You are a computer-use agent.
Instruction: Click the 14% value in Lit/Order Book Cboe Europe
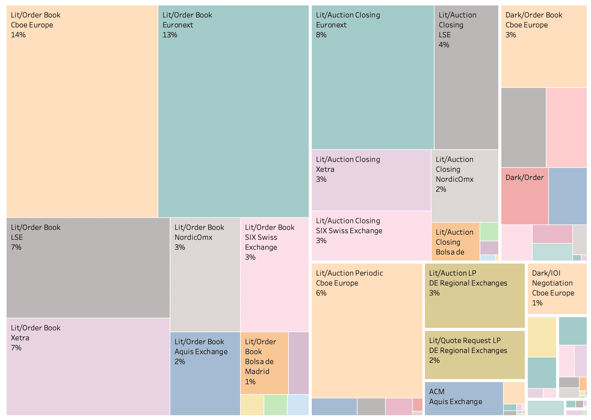[18, 35]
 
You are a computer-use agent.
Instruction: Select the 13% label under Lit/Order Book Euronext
[170, 35]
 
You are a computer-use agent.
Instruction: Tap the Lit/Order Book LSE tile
[88, 268]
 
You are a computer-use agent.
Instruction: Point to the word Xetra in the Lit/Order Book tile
[20, 338]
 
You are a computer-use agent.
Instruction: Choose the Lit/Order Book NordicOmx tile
[205, 274]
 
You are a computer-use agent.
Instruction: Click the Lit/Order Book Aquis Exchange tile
[205, 373]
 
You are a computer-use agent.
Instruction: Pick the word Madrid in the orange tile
[257, 372]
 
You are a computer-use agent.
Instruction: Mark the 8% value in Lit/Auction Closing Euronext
[321, 35]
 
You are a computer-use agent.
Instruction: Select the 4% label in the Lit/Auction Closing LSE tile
[444, 45]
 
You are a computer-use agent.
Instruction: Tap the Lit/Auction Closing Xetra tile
[371, 180]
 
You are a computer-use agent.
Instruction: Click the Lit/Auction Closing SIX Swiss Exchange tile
[371, 236]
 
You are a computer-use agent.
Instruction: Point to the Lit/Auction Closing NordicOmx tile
[465, 186]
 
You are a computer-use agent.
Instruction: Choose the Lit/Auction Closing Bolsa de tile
[455, 242]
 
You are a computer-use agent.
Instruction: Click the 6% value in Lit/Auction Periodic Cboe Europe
[321, 293]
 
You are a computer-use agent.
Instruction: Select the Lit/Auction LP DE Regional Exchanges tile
[475, 295]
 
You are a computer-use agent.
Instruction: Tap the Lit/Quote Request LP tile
[475, 355]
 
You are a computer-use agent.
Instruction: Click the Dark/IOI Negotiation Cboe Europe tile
[557, 289]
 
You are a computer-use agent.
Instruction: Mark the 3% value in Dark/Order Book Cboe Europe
[511, 35]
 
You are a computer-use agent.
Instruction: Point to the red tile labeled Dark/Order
[524, 196]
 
